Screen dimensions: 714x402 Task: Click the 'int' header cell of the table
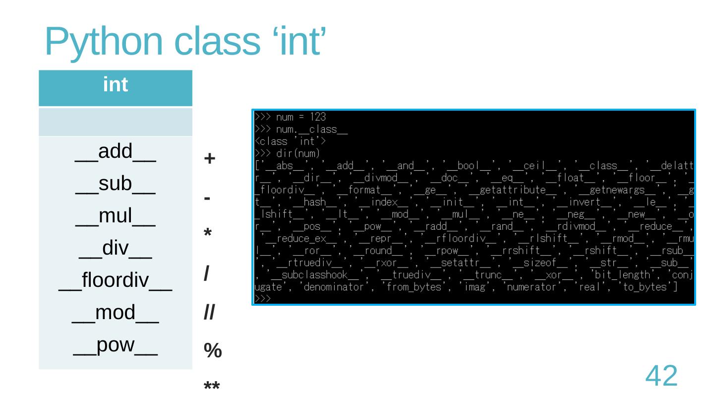(116, 85)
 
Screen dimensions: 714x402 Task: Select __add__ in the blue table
(116, 151)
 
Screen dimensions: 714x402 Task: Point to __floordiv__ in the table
(116, 281)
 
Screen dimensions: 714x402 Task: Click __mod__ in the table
(116, 313)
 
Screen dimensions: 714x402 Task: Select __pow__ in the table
(116, 346)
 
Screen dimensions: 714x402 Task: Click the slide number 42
(661, 376)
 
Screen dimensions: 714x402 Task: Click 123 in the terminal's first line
(317, 117)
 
